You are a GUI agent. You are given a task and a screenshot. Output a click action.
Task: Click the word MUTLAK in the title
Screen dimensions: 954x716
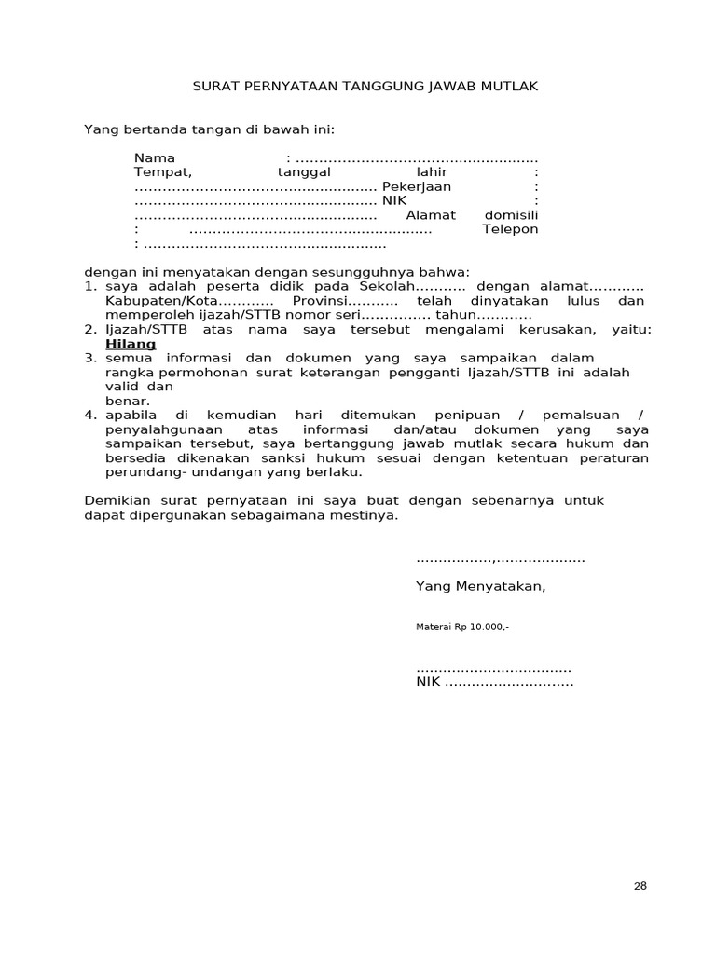pyautogui.click(x=510, y=86)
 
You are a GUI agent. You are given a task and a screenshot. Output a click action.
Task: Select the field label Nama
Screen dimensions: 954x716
pyautogui.click(x=154, y=157)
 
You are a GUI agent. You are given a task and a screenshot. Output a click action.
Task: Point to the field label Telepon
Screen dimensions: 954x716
pyautogui.click(x=510, y=229)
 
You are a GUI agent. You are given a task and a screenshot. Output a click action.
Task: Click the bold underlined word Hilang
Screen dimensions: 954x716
pyautogui.click(x=131, y=344)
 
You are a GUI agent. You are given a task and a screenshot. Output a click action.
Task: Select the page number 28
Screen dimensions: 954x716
pyautogui.click(x=640, y=886)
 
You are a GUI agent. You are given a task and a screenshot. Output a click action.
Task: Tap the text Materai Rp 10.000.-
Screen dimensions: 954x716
pyautogui.click(x=462, y=627)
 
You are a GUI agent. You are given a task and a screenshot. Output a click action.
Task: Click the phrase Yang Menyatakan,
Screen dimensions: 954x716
pyautogui.click(x=481, y=586)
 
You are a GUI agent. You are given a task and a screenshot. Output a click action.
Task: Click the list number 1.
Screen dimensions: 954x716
pyautogui.click(x=90, y=287)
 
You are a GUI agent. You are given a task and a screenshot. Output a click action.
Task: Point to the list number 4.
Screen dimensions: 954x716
pyautogui.click(x=90, y=415)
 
